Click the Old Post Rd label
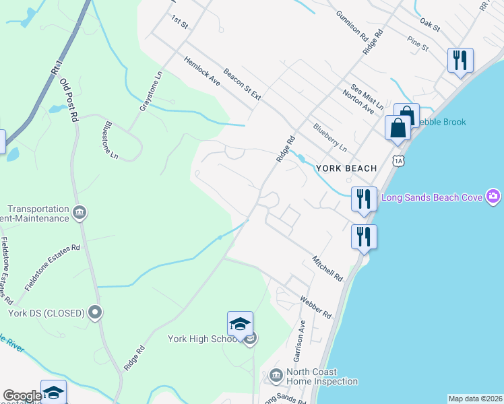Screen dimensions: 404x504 coord(70,100)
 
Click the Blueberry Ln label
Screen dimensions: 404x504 coord(329,137)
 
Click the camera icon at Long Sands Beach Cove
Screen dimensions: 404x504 coord(494,197)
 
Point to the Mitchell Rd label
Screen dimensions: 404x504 coord(327,268)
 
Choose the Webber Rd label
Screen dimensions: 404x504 coord(317,306)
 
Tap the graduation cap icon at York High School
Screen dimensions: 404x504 coord(240,324)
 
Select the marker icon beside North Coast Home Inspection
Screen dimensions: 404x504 coord(276,375)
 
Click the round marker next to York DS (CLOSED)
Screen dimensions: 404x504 coord(95,312)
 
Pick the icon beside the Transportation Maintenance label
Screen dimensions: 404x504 coord(80,213)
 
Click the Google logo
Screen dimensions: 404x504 coord(22,396)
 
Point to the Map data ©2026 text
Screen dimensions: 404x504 coord(475,399)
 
